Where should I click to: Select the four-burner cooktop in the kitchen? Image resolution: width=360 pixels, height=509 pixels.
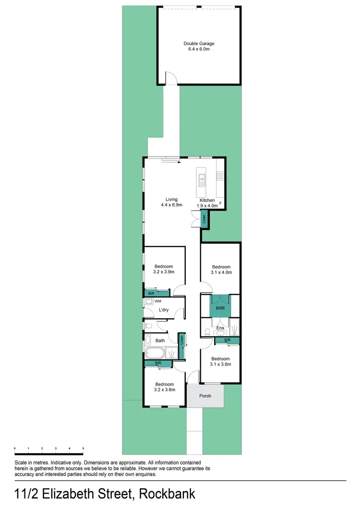pyautogui.click(x=221, y=176)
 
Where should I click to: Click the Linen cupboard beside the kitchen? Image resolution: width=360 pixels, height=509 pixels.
pyautogui.click(x=204, y=220)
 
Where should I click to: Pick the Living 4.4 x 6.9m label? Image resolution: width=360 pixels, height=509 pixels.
pyautogui.click(x=171, y=202)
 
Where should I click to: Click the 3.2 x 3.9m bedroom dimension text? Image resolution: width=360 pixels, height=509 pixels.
pyautogui.click(x=164, y=272)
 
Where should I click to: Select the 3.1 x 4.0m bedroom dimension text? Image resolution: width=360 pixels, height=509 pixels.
pyautogui.click(x=222, y=272)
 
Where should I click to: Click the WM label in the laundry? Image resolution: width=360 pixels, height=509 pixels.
pyautogui.click(x=157, y=301)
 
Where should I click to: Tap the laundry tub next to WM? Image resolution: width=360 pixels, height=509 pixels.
pyautogui.click(x=148, y=302)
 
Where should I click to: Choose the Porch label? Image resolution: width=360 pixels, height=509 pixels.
pyautogui.click(x=205, y=396)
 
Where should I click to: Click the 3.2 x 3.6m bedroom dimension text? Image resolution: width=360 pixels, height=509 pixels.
pyautogui.click(x=164, y=389)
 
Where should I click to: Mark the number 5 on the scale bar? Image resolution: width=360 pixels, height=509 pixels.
pyautogui.click(x=83, y=448)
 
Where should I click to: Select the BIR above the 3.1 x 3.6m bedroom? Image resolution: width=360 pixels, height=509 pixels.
pyautogui.click(x=228, y=340)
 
